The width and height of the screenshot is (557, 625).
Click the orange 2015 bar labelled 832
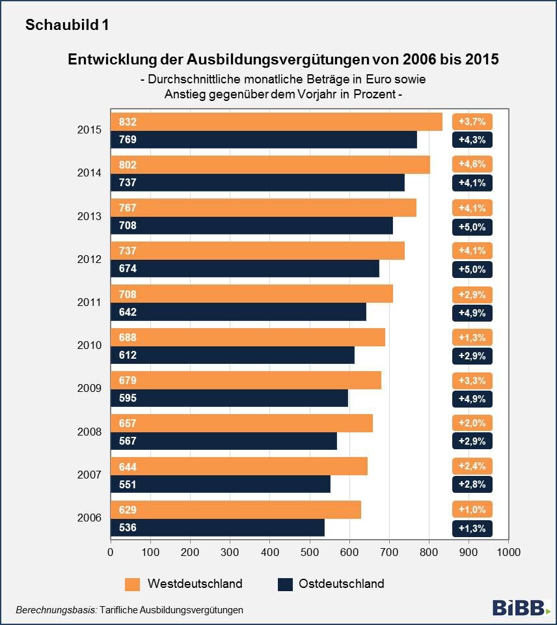point(277,122)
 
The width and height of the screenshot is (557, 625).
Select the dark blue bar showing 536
point(217,527)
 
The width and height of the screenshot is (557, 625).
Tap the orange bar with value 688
point(247,337)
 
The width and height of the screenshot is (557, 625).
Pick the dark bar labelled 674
point(245,269)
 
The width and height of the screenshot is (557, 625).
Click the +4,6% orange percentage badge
point(472,164)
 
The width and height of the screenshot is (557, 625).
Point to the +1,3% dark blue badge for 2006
point(472,527)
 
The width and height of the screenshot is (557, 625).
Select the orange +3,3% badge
point(472,380)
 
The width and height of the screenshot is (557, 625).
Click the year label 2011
point(89,303)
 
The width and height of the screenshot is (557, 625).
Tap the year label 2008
point(89,432)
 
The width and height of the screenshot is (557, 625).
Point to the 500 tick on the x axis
point(309,552)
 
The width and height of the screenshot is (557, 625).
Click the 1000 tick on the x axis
point(508,552)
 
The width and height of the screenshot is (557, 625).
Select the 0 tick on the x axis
point(111,552)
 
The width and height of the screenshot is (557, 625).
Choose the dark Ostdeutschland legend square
point(285,584)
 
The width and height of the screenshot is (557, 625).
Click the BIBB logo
point(521,608)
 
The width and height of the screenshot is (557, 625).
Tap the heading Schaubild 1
point(67,25)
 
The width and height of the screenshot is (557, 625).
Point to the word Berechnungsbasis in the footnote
point(56,610)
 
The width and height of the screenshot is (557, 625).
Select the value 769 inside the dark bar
point(128,139)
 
